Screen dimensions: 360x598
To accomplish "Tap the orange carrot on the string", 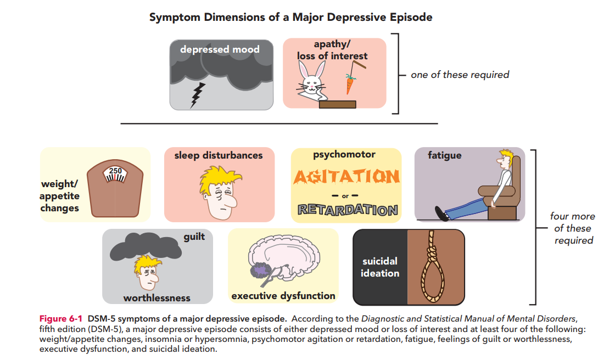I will pos(350,85).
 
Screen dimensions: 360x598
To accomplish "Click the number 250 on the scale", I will pos(115,171).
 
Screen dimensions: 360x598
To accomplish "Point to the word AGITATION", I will pos(346,177).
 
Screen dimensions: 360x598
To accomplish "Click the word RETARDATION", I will pos(347,210).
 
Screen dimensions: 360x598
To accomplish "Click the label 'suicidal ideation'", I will pos(379,267).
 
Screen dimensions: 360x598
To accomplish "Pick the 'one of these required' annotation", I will pos(460,75).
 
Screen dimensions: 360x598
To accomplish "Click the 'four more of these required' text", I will pos(572,228).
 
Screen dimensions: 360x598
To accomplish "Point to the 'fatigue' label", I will pos(444,155).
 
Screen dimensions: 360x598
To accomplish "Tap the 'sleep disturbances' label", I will pos(219,155).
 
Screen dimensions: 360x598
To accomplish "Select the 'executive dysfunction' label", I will pos(283,296).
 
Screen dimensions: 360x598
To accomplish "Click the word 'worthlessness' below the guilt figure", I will pos(157,298).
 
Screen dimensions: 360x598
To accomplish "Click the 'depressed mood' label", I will pos(220,49).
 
